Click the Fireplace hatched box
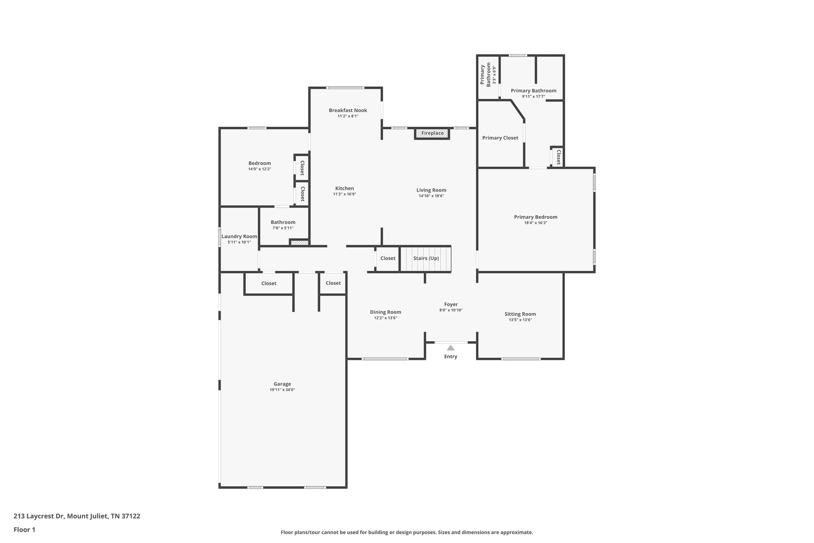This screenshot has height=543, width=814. pyautogui.click(x=432, y=133)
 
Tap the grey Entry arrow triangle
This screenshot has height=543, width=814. pyautogui.click(x=450, y=348)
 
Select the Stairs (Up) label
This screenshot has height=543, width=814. pyautogui.click(x=426, y=258)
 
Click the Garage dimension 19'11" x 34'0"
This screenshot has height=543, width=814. pyautogui.click(x=282, y=390)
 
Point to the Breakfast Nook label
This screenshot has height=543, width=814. pyautogui.click(x=348, y=110)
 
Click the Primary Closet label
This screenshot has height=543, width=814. pyautogui.click(x=500, y=138)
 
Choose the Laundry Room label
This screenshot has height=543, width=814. pyautogui.click(x=239, y=236)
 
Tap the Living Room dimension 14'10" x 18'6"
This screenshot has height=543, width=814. pyautogui.click(x=431, y=196)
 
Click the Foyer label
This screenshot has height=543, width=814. pyautogui.click(x=451, y=304)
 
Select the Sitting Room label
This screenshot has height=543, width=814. pyautogui.click(x=520, y=314)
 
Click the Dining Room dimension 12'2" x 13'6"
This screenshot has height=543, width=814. pyautogui.click(x=386, y=318)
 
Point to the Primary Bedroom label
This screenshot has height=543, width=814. pyautogui.click(x=535, y=217)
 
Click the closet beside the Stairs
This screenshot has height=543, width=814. pyautogui.click(x=388, y=258)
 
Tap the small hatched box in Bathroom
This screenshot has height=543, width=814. pyautogui.click(x=299, y=242)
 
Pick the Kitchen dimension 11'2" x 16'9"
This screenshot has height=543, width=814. pyautogui.click(x=344, y=194)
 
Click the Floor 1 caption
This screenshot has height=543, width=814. pyautogui.click(x=24, y=529)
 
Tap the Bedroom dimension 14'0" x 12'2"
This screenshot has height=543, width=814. pyautogui.click(x=260, y=169)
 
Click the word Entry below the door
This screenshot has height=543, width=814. pyautogui.click(x=450, y=356)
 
